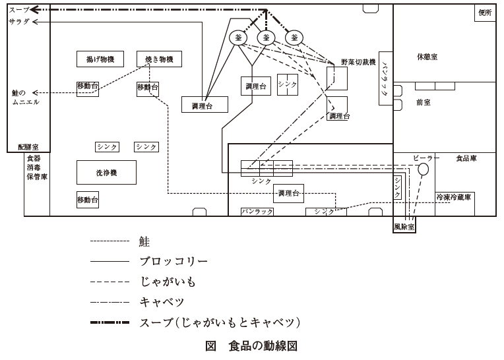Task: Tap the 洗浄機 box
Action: point(106,172)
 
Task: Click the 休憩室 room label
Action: point(427,57)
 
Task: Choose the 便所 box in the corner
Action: point(485,13)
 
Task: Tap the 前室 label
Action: point(423,102)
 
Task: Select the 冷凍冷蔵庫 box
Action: point(455,197)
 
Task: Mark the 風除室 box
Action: point(404,226)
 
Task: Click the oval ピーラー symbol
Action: point(423,169)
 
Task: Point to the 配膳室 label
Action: point(28,146)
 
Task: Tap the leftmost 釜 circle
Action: point(237,38)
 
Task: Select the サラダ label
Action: point(18,22)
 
